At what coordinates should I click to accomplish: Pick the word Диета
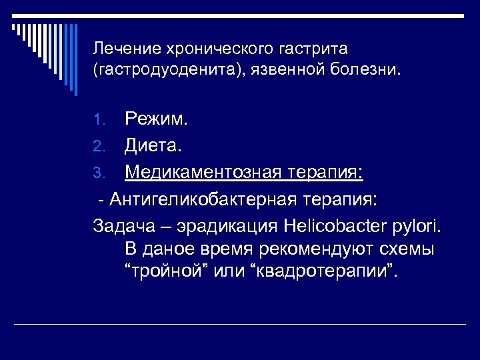(x=153, y=146)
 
